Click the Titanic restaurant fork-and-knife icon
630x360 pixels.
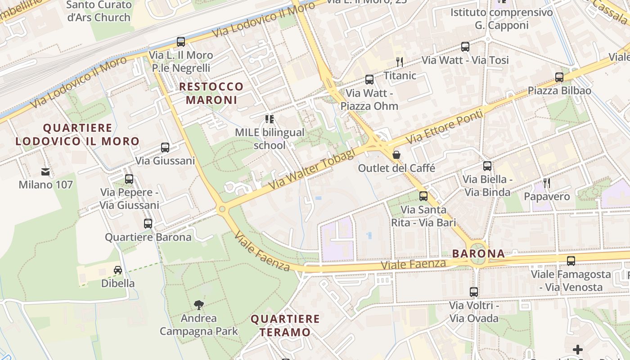(x=399, y=62)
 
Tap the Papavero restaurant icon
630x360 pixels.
(x=547, y=183)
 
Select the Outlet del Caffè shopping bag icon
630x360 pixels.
(x=396, y=155)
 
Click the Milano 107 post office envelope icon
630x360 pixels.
(x=45, y=171)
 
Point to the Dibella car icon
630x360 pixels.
(x=118, y=270)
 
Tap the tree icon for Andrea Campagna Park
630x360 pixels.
(x=198, y=305)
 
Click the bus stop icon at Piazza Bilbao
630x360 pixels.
(x=559, y=77)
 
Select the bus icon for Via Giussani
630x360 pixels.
(x=165, y=147)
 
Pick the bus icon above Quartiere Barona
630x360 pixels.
(x=148, y=223)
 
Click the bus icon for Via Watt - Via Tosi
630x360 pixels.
(x=465, y=46)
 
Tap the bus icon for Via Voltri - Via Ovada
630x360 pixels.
(x=474, y=292)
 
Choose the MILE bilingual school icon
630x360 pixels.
(x=270, y=119)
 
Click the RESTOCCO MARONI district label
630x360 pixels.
(x=211, y=93)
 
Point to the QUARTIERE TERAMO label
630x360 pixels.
(x=285, y=326)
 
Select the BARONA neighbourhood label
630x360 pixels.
(x=478, y=253)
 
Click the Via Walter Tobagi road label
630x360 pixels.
(x=312, y=169)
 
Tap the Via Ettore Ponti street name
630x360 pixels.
(x=445, y=127)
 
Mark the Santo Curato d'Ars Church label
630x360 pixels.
(x=99, y=11)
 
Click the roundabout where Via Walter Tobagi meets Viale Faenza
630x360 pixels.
(x=221, y=209)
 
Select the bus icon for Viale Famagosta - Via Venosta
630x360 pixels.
(x=571, y=261)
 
